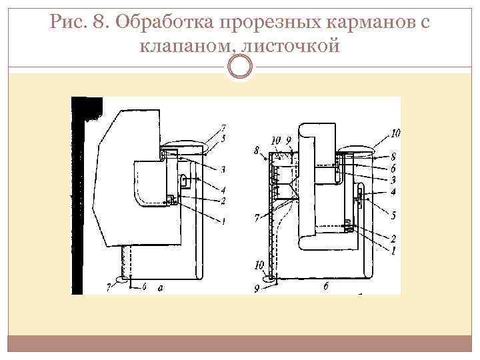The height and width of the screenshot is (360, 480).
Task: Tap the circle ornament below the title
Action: [x=240, y=65]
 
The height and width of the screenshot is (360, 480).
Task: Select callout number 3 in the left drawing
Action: [x=223, y=169]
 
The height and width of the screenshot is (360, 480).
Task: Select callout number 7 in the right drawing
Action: [x=257, y=217]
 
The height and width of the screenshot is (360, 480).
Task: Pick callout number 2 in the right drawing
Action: [x=393, y=238]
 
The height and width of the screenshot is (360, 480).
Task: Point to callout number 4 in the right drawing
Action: [x=393, y=192]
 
